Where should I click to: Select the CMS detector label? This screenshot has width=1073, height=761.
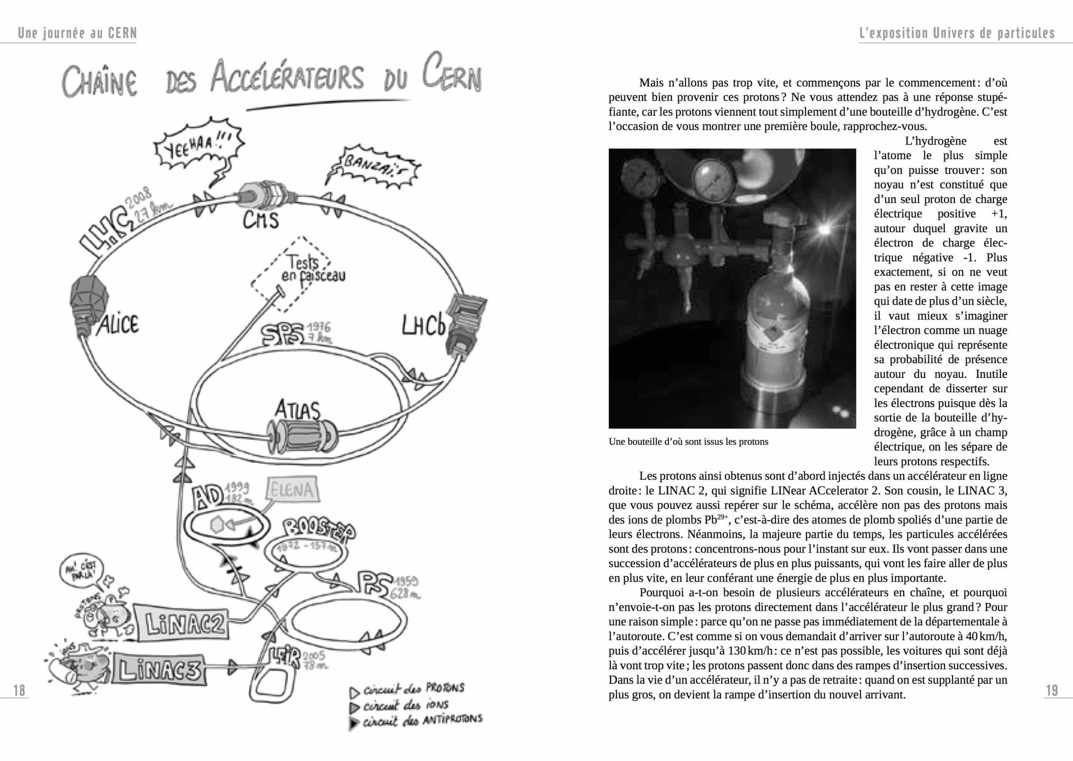pyautogui.click(x=260, y=220)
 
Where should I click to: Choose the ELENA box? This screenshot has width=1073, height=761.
pyautogui.click(x=292, y=490)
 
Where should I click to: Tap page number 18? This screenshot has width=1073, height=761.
pyautogui.click(x=19, y=690)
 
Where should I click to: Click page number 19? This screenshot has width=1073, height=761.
pyautogui.click(x=1052, y=690)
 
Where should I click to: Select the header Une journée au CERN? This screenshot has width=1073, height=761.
pyautogui.click(x=78, y=33)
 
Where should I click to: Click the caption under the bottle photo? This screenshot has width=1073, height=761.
pyautogui.click(x=688, y=441)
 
